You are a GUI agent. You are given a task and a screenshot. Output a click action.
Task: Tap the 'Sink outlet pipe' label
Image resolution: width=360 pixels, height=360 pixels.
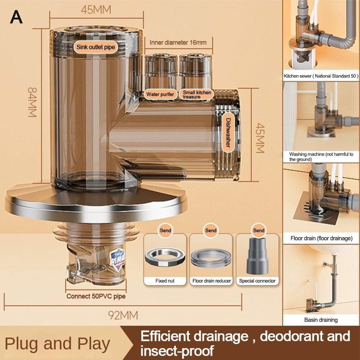96,47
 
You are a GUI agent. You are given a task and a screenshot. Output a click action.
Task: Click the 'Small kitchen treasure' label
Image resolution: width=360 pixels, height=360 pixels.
196,95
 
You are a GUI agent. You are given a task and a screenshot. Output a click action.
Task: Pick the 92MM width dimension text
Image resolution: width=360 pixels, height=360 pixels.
123,315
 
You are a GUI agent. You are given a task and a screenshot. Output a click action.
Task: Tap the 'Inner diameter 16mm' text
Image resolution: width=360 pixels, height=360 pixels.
178,42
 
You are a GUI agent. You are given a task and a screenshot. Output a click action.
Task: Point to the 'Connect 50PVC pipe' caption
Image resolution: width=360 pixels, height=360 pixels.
96,297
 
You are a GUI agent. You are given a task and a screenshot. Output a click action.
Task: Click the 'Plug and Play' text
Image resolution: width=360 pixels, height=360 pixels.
57,343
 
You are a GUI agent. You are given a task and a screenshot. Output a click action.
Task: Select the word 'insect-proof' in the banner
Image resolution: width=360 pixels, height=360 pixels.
177,350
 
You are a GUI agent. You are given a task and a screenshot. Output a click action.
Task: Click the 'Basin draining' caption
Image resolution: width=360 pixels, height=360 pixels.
321,320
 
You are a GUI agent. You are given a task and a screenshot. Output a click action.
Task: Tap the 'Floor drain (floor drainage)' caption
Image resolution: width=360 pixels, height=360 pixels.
321,238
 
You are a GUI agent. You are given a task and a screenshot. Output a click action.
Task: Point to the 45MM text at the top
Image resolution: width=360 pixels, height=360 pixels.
96,10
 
